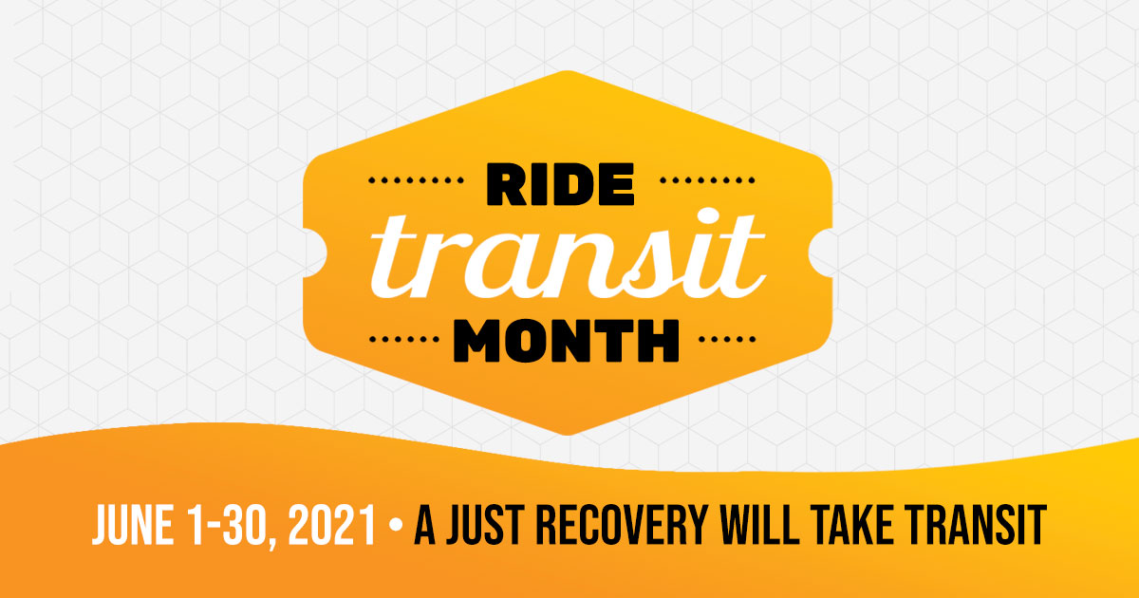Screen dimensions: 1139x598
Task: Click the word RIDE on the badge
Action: pyautogui.click(x=560, y=184)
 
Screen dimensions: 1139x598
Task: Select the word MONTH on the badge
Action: pyautogui.click(x=567, y=341)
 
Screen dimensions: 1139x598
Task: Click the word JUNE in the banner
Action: pyautogui.click(x=132, y=525)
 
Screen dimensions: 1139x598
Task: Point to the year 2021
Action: pyautogui.click(x=331, y=525)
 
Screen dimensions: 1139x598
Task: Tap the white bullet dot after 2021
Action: pyautogui.click(x=395, y=525)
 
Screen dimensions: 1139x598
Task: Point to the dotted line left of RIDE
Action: pyautogui.click(x=416, y=180)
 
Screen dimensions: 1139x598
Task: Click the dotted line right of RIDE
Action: pyautogui.click(x=707, y=180)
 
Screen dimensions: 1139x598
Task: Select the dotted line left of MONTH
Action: pyautogui.click(x=404, y=339)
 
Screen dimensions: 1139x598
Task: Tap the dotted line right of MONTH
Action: pyautogui.click(x=727, y=339)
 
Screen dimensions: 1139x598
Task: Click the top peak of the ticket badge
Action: pyautogui.click(x=568, y=71)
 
